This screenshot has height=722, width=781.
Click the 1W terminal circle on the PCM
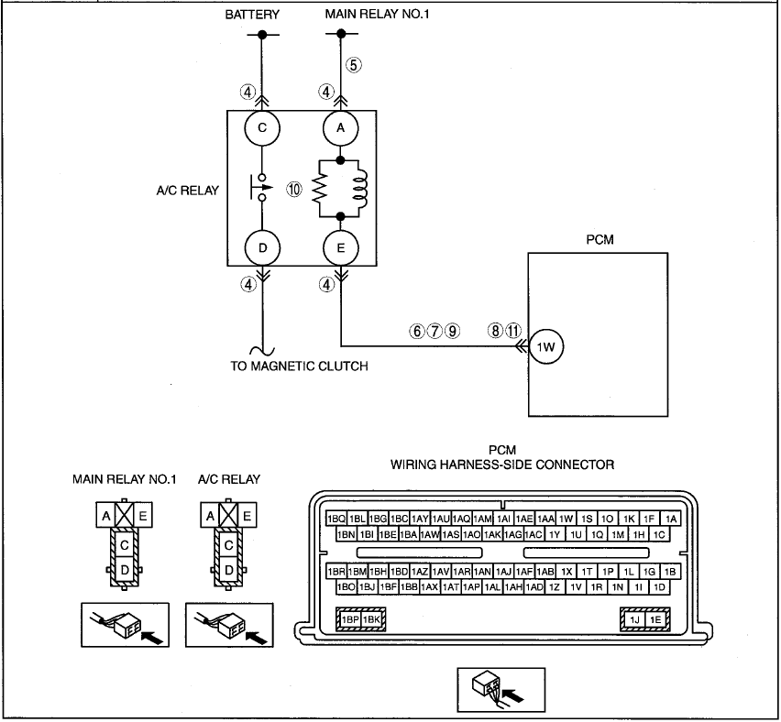[x=546, y=347]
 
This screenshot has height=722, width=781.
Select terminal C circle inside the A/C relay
[x=262, y=128]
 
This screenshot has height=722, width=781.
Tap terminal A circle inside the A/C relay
[x=341, y=128]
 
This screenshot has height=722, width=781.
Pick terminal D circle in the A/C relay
[x=262, y=248]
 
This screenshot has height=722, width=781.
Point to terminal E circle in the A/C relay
[x=341, y=248]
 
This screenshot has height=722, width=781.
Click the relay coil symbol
[x=360, y=189]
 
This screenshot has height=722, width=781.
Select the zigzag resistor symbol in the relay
[x=320, y=189]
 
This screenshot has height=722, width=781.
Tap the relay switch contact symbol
[x=261, y=188]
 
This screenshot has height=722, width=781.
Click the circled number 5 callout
[x=354, y=65]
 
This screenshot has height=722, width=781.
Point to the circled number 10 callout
[x=294, y=189]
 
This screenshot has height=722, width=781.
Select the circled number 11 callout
[x=513, y=331]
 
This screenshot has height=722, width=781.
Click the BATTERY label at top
[x=252, y=15]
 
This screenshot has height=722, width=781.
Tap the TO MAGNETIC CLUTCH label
[x=300, y=366]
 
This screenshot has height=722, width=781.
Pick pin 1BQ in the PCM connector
[x=336, y=519]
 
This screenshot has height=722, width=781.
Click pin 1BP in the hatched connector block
[x=350, y=619]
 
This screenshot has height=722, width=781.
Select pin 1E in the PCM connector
[x=655, y=619]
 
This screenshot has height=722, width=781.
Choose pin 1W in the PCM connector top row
[x=566, y=519]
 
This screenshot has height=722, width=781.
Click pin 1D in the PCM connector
[x=659, y=587]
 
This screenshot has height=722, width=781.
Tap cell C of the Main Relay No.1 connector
[x=125, y=545]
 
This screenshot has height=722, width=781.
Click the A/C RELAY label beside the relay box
[x=188, y=191]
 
